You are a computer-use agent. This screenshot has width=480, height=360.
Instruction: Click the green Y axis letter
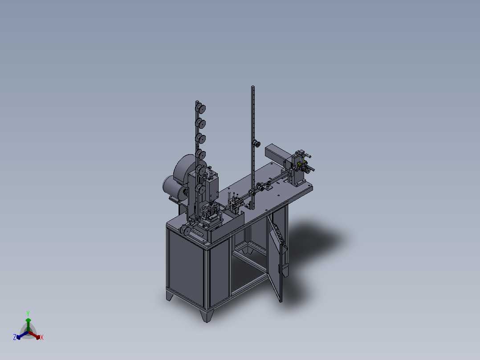tap(28, 313)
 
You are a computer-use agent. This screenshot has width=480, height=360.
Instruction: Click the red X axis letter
tap(42, 337)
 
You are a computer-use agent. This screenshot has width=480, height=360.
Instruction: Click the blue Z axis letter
tap(14, 337)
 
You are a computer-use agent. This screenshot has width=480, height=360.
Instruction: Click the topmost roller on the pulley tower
tap(200, 108)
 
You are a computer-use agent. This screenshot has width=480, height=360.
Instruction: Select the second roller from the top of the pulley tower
tap(200, 123)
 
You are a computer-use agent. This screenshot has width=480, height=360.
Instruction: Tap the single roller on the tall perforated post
tap(256, 143)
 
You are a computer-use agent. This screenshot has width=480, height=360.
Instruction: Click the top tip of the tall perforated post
tap(253, 87)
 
